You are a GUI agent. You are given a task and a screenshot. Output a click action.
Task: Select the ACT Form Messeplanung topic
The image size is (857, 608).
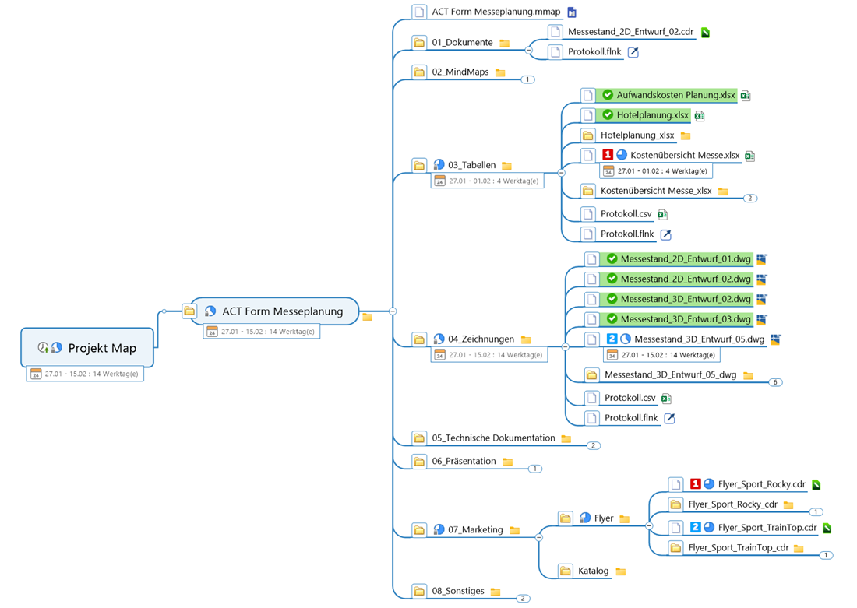[x=282, y=311]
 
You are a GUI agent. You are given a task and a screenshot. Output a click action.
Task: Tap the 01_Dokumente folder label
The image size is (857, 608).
[x=462, y=43]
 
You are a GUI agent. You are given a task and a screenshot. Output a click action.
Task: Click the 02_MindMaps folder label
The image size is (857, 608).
[x=460, y=72]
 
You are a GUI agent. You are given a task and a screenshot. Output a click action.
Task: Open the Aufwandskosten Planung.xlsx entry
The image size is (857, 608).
[x=675, y=95]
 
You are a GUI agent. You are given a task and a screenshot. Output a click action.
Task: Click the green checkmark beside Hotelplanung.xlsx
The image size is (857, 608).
[x=608, y=114]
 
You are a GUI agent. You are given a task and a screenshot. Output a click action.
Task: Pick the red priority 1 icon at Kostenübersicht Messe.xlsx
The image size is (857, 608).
[x=607, y=155]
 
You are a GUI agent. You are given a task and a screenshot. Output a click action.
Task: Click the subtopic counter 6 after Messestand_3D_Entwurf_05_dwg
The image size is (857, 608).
[x=775, y=382]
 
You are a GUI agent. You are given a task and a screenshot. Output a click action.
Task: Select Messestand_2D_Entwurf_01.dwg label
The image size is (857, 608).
[x=686, y=259]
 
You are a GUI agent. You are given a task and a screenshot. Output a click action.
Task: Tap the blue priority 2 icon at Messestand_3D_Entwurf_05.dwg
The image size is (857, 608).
[x=612, y=339]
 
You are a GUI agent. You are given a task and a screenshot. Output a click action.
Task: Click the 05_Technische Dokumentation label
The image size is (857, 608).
[x=493, y=438]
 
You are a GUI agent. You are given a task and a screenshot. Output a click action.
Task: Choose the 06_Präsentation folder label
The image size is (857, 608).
[x=464, y=461]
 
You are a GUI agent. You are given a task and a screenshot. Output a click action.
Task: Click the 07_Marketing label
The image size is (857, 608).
[x=475, y=530]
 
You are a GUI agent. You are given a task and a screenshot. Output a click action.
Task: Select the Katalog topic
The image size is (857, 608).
[x=593, y=571]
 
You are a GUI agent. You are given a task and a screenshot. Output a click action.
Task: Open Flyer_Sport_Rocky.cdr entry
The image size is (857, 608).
[x=761, y=484]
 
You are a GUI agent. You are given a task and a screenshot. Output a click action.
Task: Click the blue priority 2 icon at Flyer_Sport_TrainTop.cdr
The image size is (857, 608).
[x=695, y=527]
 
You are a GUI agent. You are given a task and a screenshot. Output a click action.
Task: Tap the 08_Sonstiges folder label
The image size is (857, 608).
[x=458, y=591]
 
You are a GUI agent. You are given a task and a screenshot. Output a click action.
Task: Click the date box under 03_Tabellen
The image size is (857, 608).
[x=488, y=181]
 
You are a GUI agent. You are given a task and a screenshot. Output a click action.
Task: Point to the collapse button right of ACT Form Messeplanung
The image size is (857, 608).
[x=393, y=311]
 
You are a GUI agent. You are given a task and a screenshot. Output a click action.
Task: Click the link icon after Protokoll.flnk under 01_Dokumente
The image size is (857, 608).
[x=633, y=52]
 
